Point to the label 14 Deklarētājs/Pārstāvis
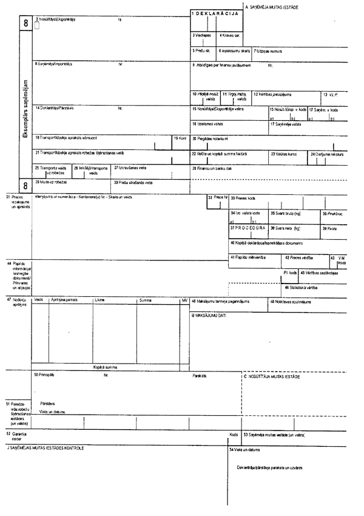coord(55,108)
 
